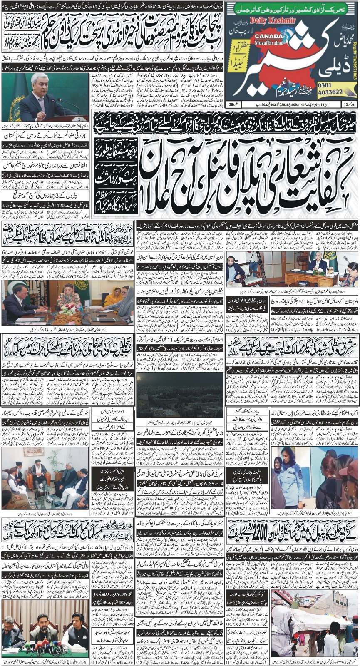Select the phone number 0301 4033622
pos(335,87)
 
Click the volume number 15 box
pos(348,104)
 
